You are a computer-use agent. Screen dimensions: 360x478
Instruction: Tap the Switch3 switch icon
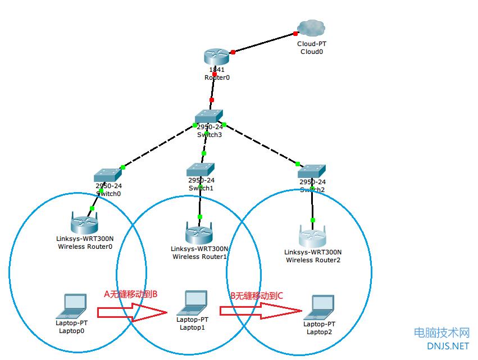pos(209,115)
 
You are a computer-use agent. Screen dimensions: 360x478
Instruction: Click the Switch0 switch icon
pos(108,175)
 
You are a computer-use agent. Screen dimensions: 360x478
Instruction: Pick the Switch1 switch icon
pos(201,169)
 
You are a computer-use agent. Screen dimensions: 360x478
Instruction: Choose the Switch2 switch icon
pos(312,171)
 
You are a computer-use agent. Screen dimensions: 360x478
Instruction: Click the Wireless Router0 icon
pos(85,225)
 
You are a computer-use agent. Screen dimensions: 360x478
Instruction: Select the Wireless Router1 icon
pos(199,233)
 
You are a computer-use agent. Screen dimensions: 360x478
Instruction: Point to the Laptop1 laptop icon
pos(192,304)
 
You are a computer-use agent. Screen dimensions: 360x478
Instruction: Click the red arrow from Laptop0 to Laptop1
pos(133,311)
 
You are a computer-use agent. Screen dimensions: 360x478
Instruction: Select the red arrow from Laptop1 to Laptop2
pos(259,311)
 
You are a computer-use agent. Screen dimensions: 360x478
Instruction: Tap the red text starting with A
pos(130,293)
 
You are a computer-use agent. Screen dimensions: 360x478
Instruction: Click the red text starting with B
pos(257,295)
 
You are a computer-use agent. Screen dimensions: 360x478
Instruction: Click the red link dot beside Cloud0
pos(295,34)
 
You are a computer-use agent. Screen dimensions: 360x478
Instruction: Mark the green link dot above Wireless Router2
pos(313,220)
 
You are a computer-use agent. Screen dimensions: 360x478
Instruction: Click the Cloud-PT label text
pos(311,43)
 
